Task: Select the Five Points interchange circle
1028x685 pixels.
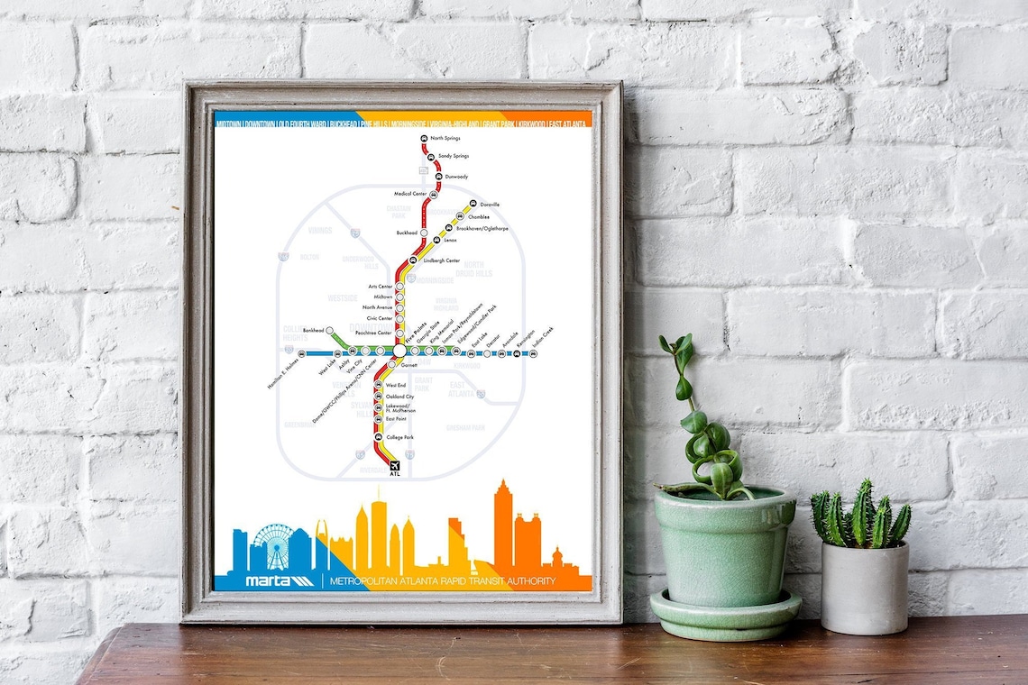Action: coord(399,351)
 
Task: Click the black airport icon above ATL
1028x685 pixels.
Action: coord(394,465)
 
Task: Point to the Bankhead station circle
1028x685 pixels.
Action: coord(330,331)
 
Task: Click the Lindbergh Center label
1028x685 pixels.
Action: coord(441,260)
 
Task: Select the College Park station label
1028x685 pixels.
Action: coord(400,437)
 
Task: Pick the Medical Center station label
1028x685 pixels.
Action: coord(409,194)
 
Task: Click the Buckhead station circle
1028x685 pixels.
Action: coord(424,233)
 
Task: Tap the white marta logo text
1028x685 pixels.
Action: coord(270,580)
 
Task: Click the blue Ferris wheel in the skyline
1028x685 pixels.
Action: coord(272,546)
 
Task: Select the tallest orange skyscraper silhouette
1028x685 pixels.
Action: coord(502,527)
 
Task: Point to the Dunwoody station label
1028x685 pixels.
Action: coord(456,177)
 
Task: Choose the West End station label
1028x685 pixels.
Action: coord(396,385)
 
